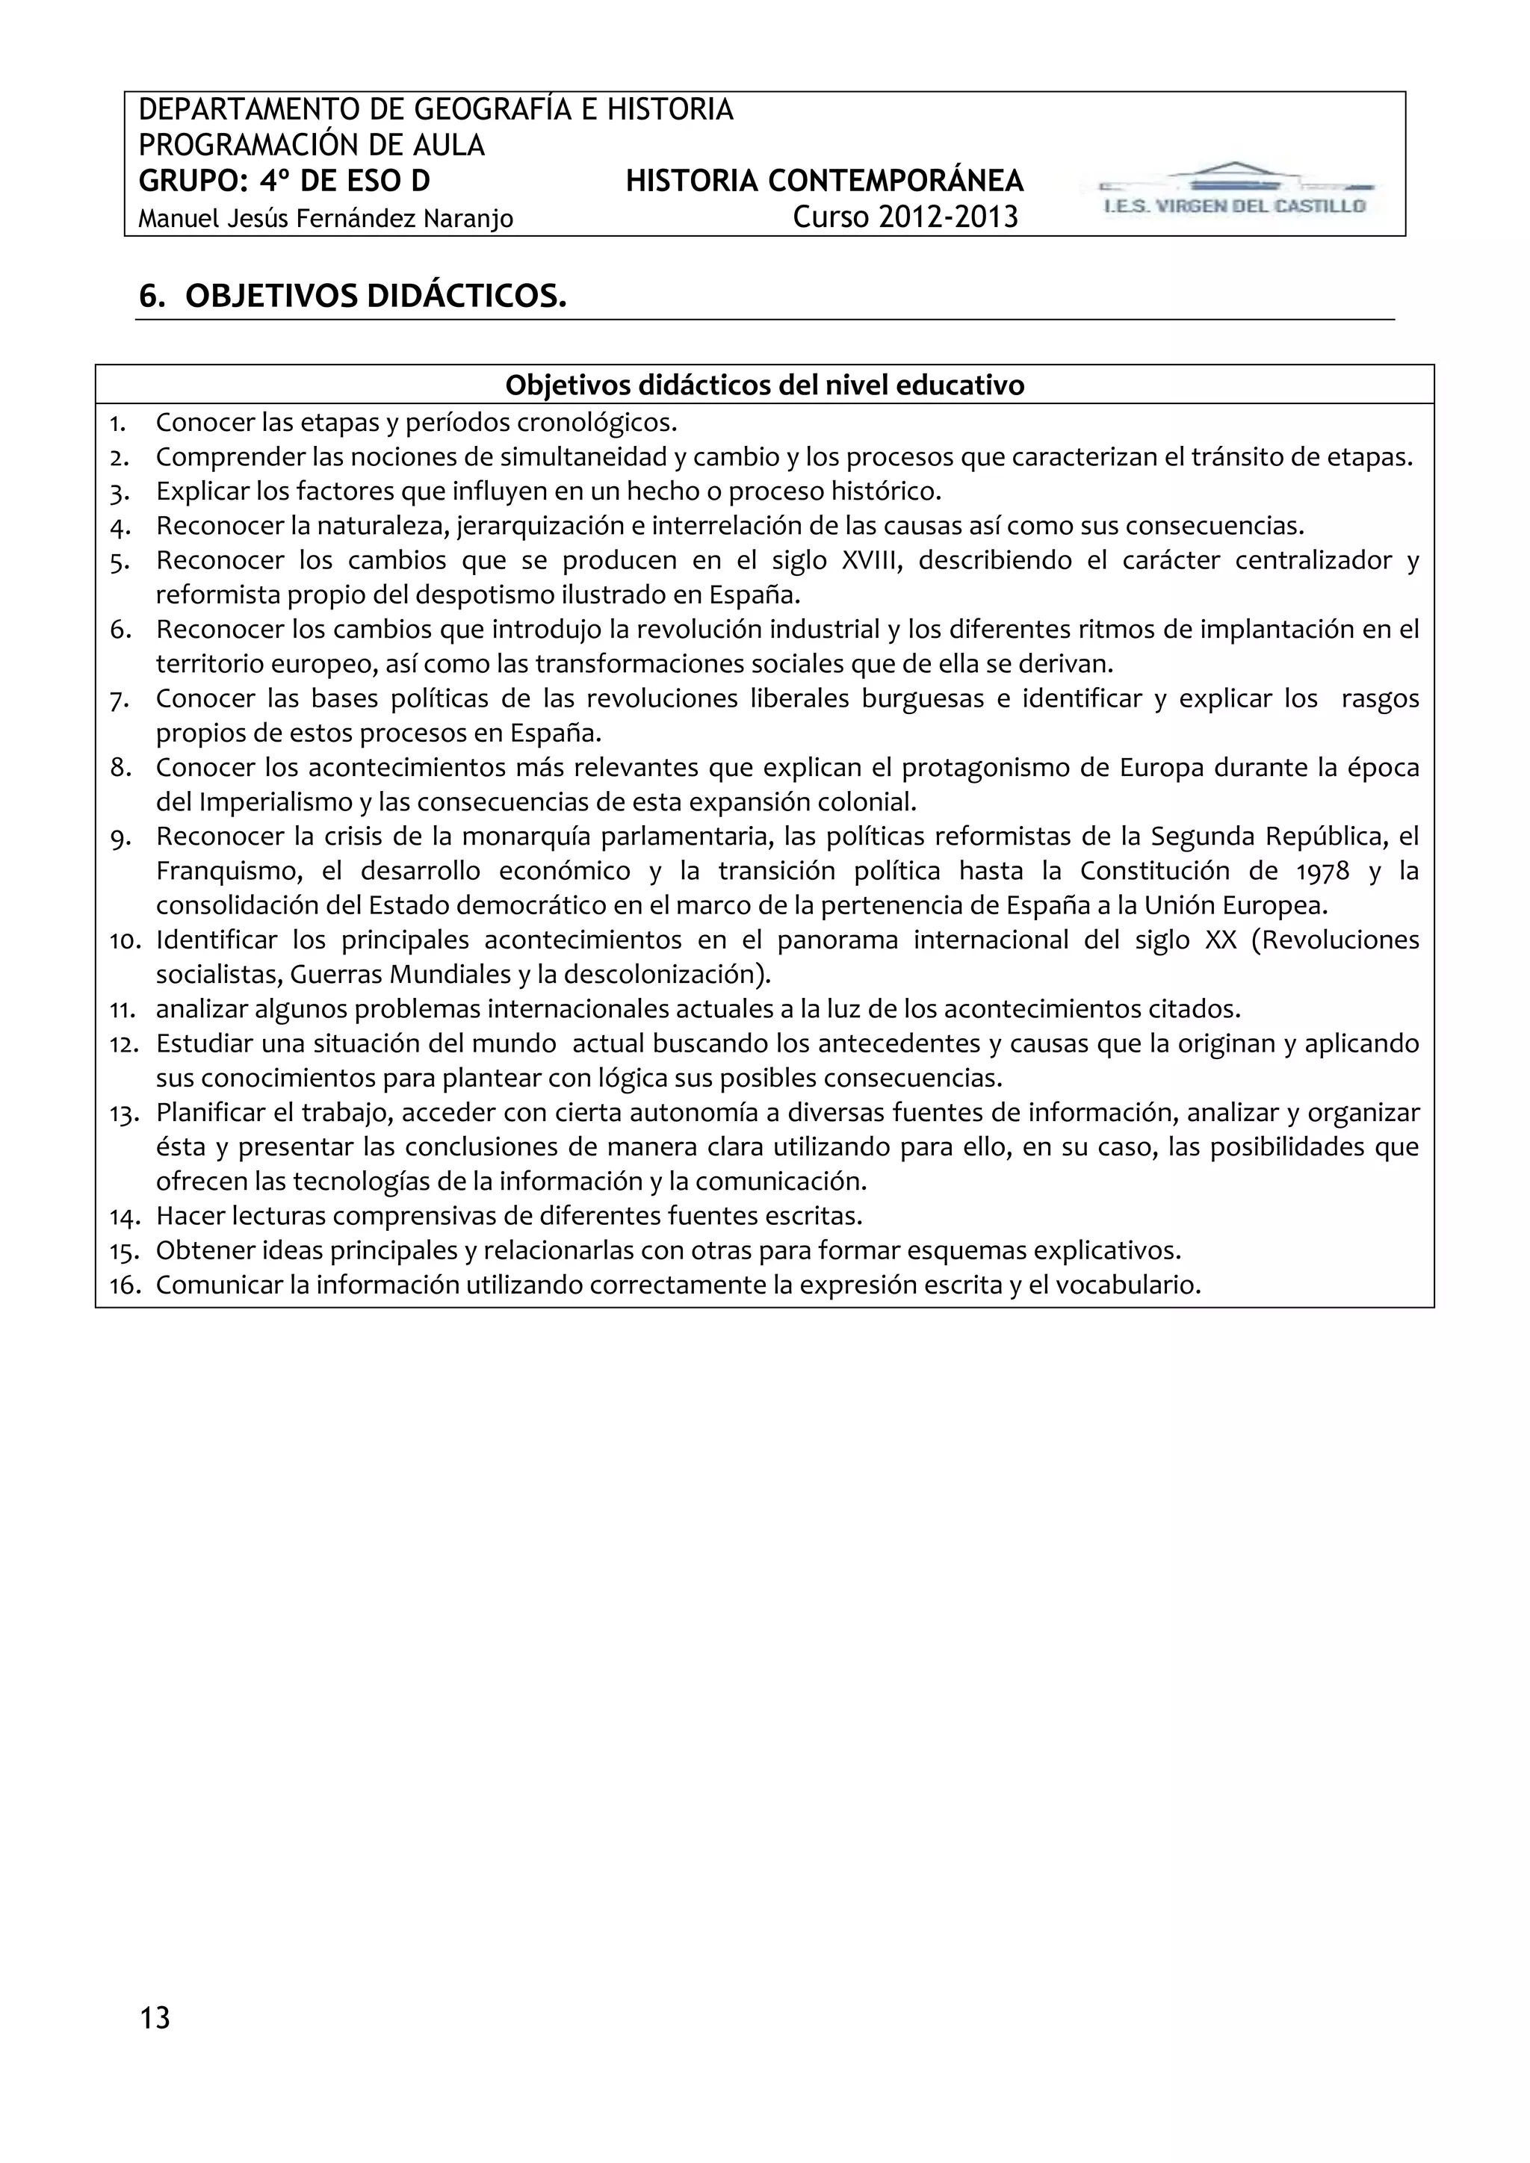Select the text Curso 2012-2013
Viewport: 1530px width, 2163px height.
[905, 217]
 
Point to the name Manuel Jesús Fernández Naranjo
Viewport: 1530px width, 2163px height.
[326, 220]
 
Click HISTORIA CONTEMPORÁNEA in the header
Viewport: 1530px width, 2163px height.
[824, 181]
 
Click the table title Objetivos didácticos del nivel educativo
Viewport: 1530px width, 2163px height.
[764, 385]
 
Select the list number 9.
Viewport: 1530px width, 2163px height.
[120, 837]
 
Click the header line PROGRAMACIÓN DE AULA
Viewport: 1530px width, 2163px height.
[312, 145]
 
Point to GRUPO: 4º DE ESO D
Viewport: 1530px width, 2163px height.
[285, 181]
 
